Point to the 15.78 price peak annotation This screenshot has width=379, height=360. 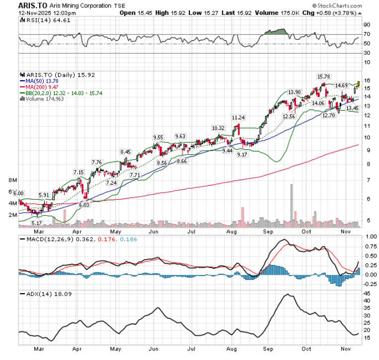point(324,76)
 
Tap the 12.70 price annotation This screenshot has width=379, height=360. point(328,115)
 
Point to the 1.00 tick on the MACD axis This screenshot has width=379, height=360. point(370,237)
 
